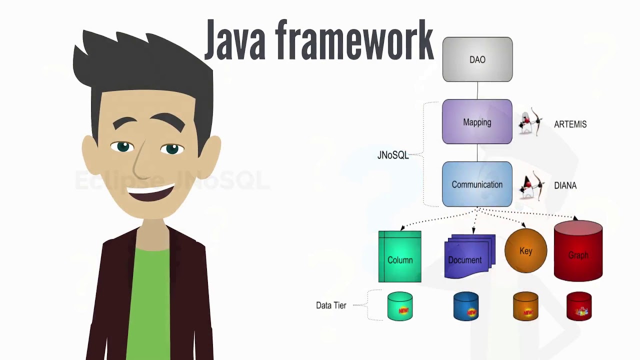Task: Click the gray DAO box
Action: point(477,59)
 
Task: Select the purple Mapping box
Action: point(477,122)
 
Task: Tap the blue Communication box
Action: point(477,184)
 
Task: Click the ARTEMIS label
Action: point(570,124)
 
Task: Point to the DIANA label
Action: point(565,185)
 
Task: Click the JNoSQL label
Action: point(392,155)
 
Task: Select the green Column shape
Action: point(400,257)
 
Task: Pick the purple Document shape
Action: point(467,257)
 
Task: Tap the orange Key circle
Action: point(525,250)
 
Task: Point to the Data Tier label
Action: point(331,305)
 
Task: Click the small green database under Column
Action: point(400,306)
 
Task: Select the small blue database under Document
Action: point(466,306)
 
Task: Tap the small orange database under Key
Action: point(525,306)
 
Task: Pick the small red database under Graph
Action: point(579,306)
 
